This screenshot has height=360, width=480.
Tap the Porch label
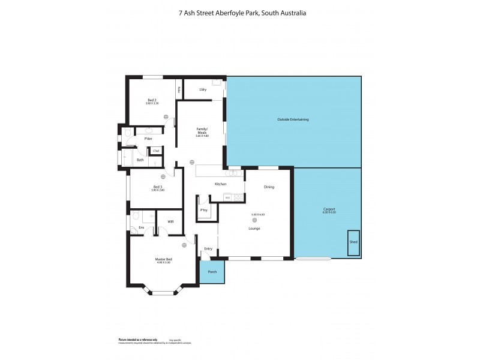pos(212,271)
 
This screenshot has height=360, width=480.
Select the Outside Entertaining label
pos(293,120)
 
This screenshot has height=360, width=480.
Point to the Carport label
pos(329,209)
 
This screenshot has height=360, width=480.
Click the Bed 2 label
pos(152,100)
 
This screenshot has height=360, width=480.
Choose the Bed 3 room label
pos(158,187)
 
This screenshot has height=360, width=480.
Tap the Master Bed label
pos(164,259)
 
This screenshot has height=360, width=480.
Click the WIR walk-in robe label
pos(170,221)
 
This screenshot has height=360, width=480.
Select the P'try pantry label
pos(204,210)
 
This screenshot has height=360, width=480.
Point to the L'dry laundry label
pos(203,89)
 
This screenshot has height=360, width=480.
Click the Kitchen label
pos(220,184)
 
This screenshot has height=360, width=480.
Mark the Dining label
pos(269,187)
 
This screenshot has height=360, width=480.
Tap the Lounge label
pos(263,228)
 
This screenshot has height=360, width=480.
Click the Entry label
pos(208,248)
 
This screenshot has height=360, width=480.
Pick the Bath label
pos(140,160)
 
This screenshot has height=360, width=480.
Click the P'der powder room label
pos(148,139)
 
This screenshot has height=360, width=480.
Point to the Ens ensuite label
pos(141,227)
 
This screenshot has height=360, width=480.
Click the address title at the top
pos(239,12)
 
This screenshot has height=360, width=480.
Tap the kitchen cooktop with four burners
pos(239,197)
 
